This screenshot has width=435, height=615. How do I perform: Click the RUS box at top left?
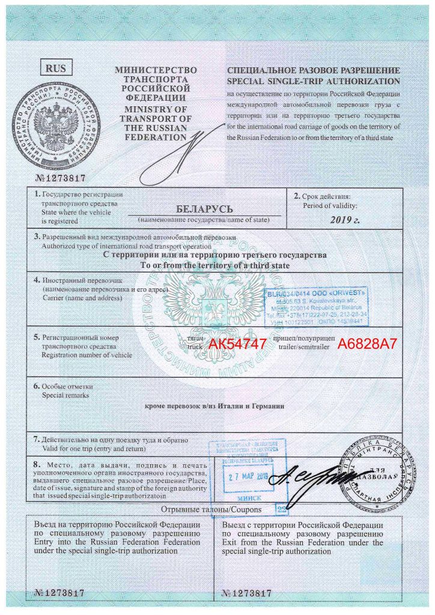pyautogui.click(x=56, y=68)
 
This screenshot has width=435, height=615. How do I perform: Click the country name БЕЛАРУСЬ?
pyautogui.click(x=204, y=210)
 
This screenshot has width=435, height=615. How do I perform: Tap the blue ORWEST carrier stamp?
pyautogui.click(x=317, y=304)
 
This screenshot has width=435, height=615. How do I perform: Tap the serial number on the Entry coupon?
pyautogui.click(x=56, y=593)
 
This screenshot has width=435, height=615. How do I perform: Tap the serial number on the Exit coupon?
pyautogui.click(x=248, y=593)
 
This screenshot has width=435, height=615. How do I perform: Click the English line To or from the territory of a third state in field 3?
pyautogui.click(x=216, y=265)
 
